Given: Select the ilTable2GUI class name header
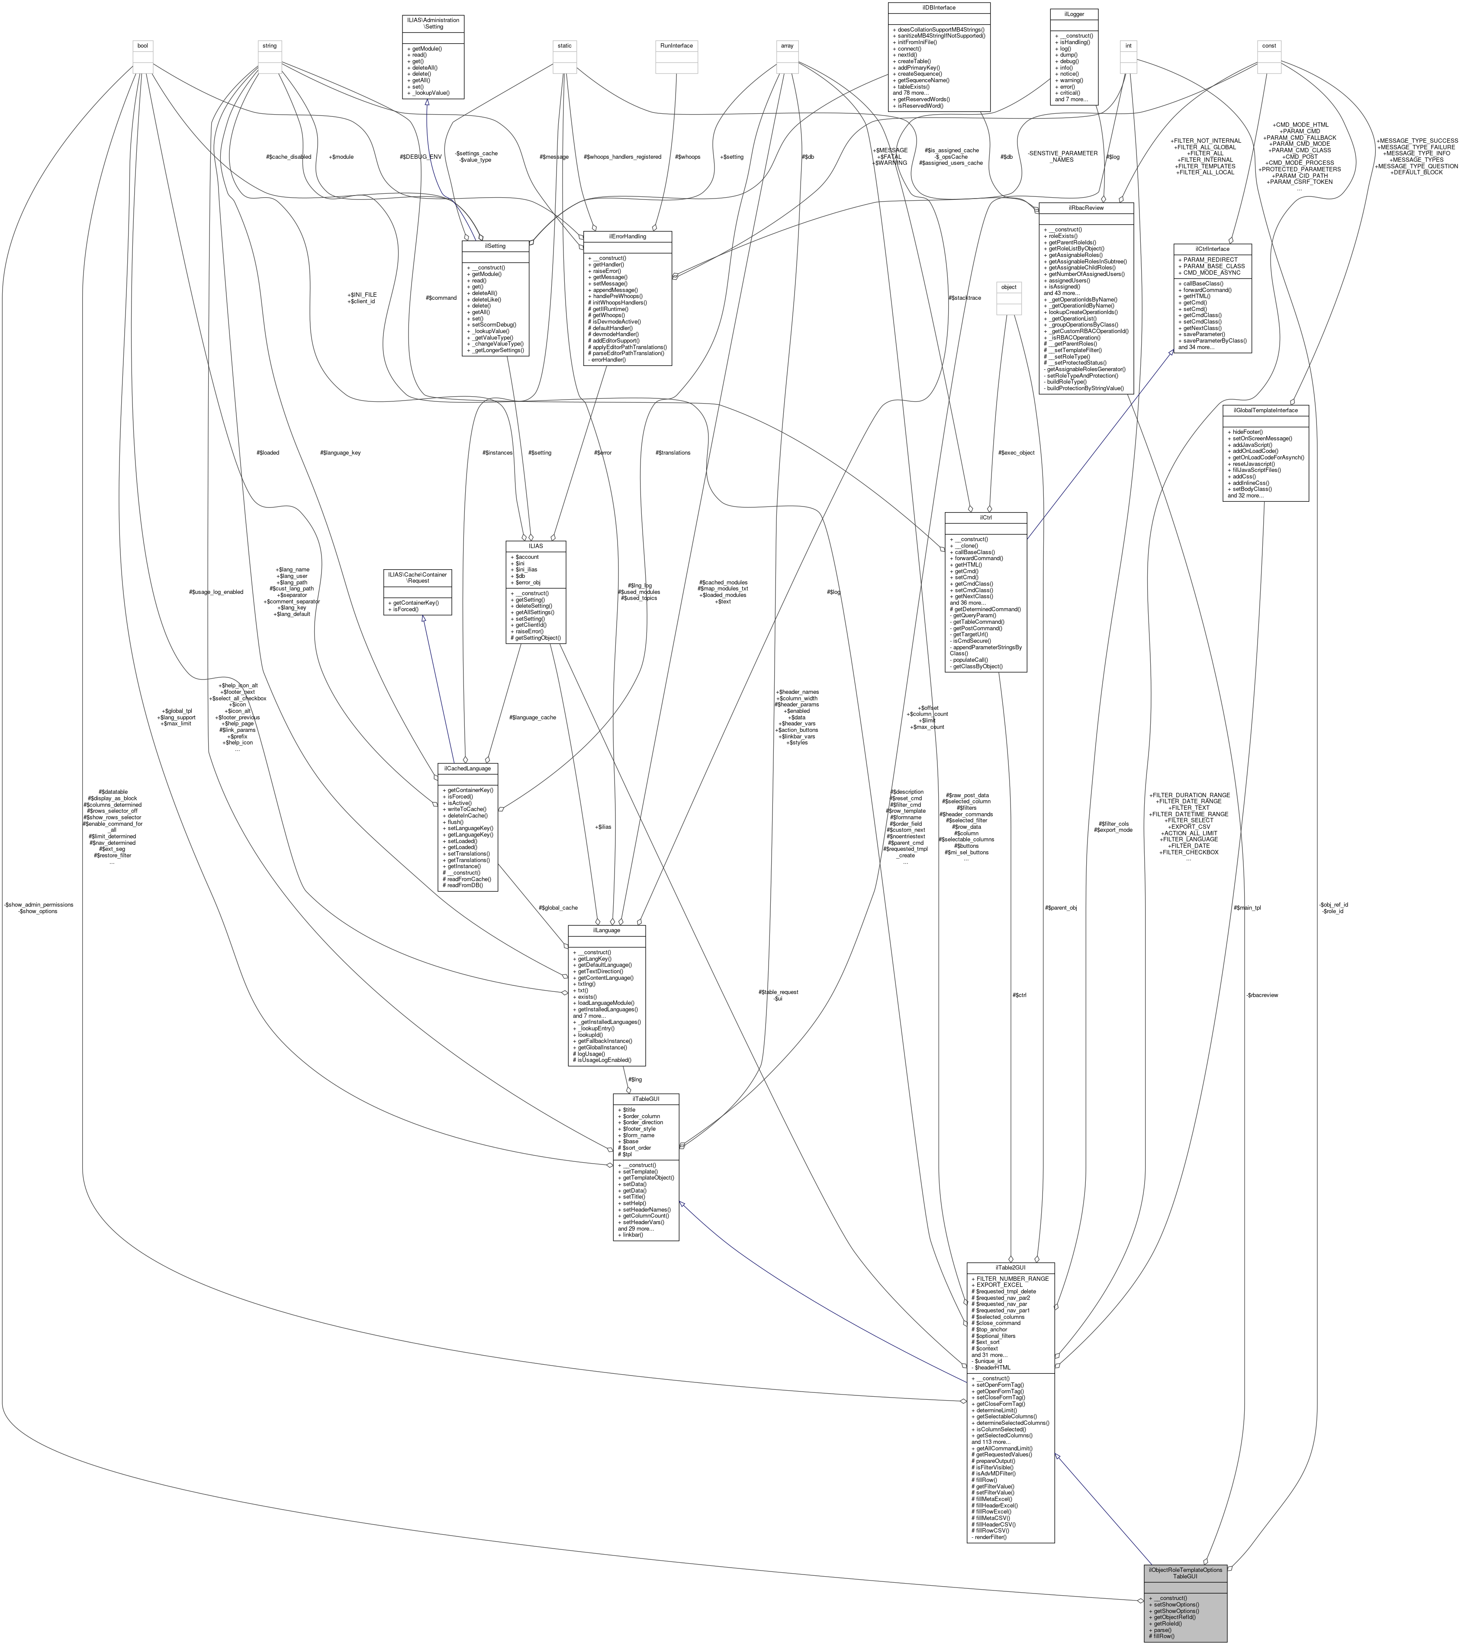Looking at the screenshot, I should click(x=1010, y=1267).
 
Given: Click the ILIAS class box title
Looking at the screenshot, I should click(x=535, y=545).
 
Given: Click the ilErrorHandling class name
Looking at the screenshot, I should click(x=627, y=237).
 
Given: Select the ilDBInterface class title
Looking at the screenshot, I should click(x=939, y=6).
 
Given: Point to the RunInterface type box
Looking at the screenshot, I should click(x=676, y=46).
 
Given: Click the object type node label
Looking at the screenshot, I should click(x=1008, y=286).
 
